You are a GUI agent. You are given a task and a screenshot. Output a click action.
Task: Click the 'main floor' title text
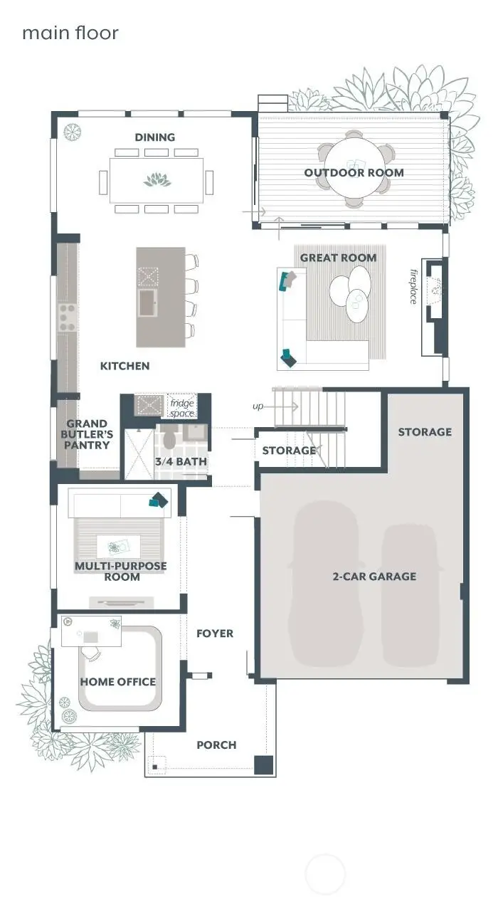70,33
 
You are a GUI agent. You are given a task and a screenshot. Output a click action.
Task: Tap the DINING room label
155,137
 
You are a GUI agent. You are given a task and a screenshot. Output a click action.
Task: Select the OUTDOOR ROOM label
354,172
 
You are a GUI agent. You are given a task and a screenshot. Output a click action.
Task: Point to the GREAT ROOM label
338,258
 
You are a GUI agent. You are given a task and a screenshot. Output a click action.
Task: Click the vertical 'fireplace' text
413,286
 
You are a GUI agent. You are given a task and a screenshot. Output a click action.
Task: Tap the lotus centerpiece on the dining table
157,179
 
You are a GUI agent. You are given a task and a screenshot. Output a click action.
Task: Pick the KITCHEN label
124,366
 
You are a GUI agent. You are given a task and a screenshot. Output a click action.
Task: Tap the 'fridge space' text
181,408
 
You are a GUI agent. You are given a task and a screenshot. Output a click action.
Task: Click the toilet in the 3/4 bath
169,438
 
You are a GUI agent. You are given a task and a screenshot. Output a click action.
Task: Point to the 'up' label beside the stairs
258,406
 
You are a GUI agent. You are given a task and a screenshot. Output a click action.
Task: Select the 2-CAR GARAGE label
374,577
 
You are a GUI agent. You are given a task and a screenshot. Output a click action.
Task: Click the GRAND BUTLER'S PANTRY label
88,434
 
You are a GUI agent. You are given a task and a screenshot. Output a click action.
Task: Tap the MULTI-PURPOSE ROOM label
121,572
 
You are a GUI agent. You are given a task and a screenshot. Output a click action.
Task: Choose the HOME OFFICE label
117,682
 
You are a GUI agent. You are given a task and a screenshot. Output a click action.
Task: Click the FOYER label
215,634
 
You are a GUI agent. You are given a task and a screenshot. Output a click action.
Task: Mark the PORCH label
216,745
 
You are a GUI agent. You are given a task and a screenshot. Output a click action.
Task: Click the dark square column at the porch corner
264,764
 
